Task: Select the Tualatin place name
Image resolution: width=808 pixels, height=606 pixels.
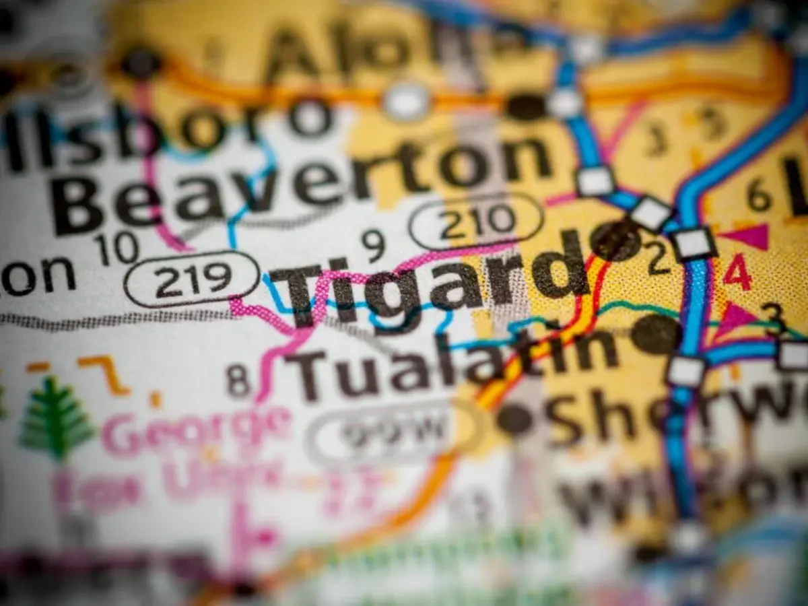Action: click(451, 367)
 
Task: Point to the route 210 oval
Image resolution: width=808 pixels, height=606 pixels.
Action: click(477, 221)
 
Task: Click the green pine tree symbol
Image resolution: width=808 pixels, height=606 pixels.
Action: click(55, 417)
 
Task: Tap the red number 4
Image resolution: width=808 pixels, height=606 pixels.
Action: click(737, 273)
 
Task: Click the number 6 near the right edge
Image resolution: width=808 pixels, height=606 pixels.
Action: click(759, 197)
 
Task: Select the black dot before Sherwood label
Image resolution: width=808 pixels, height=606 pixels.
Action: click(515, 419)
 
